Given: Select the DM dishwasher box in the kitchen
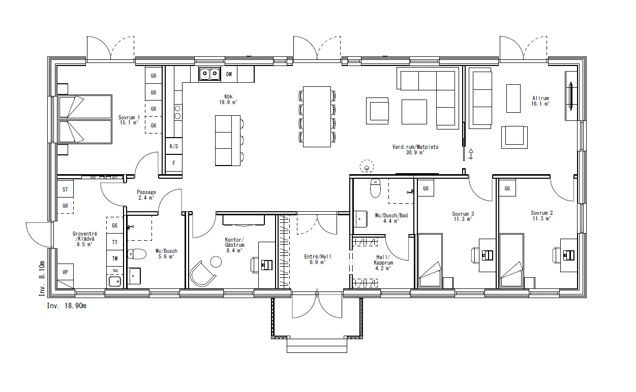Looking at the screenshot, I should click(229, 75).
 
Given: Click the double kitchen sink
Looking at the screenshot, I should click(209, 75).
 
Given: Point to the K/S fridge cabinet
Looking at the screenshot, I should click(174, 146).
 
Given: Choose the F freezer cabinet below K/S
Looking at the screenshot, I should click(174, 163).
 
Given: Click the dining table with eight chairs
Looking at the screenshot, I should click(317, 116).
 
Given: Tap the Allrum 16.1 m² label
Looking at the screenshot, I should click(540, 101).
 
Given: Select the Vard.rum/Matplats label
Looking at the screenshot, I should click(415, 149).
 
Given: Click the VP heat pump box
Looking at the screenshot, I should click(65, 273).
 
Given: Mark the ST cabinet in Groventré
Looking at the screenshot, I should click(65, 189).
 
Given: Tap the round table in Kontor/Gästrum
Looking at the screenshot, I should click(216, 262).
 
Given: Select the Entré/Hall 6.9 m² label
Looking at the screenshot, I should click(317, 259).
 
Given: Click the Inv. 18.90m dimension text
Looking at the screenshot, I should click(67, 306).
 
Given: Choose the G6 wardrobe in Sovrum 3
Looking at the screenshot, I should click(426, 189).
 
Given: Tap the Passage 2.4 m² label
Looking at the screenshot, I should click(146, 195).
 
